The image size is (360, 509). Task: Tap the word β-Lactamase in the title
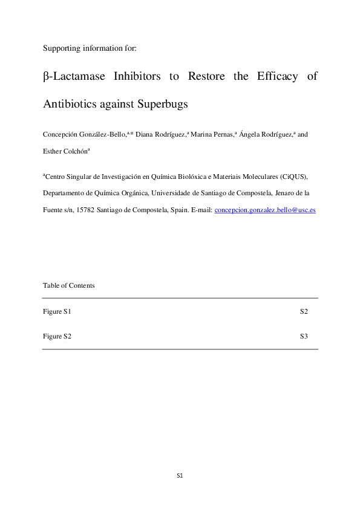pyautogui.click(x=75, y=77)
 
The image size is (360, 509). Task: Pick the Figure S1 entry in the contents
pyautogui.click(x=57, y=312)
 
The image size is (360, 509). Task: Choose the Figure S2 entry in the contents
pyautogui.click(x=57, y=336)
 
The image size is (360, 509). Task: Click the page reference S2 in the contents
pyautogui.click(x=304, y=312)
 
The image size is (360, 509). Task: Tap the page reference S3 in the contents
pyautogui.click(x=304, y=336)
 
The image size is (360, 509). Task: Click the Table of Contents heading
pyautogui.click(x=69, y=285)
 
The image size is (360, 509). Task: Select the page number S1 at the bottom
pyautogui.click(x=180, y=476)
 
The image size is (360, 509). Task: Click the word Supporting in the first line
pyautogui.click(x=60, y=47)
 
